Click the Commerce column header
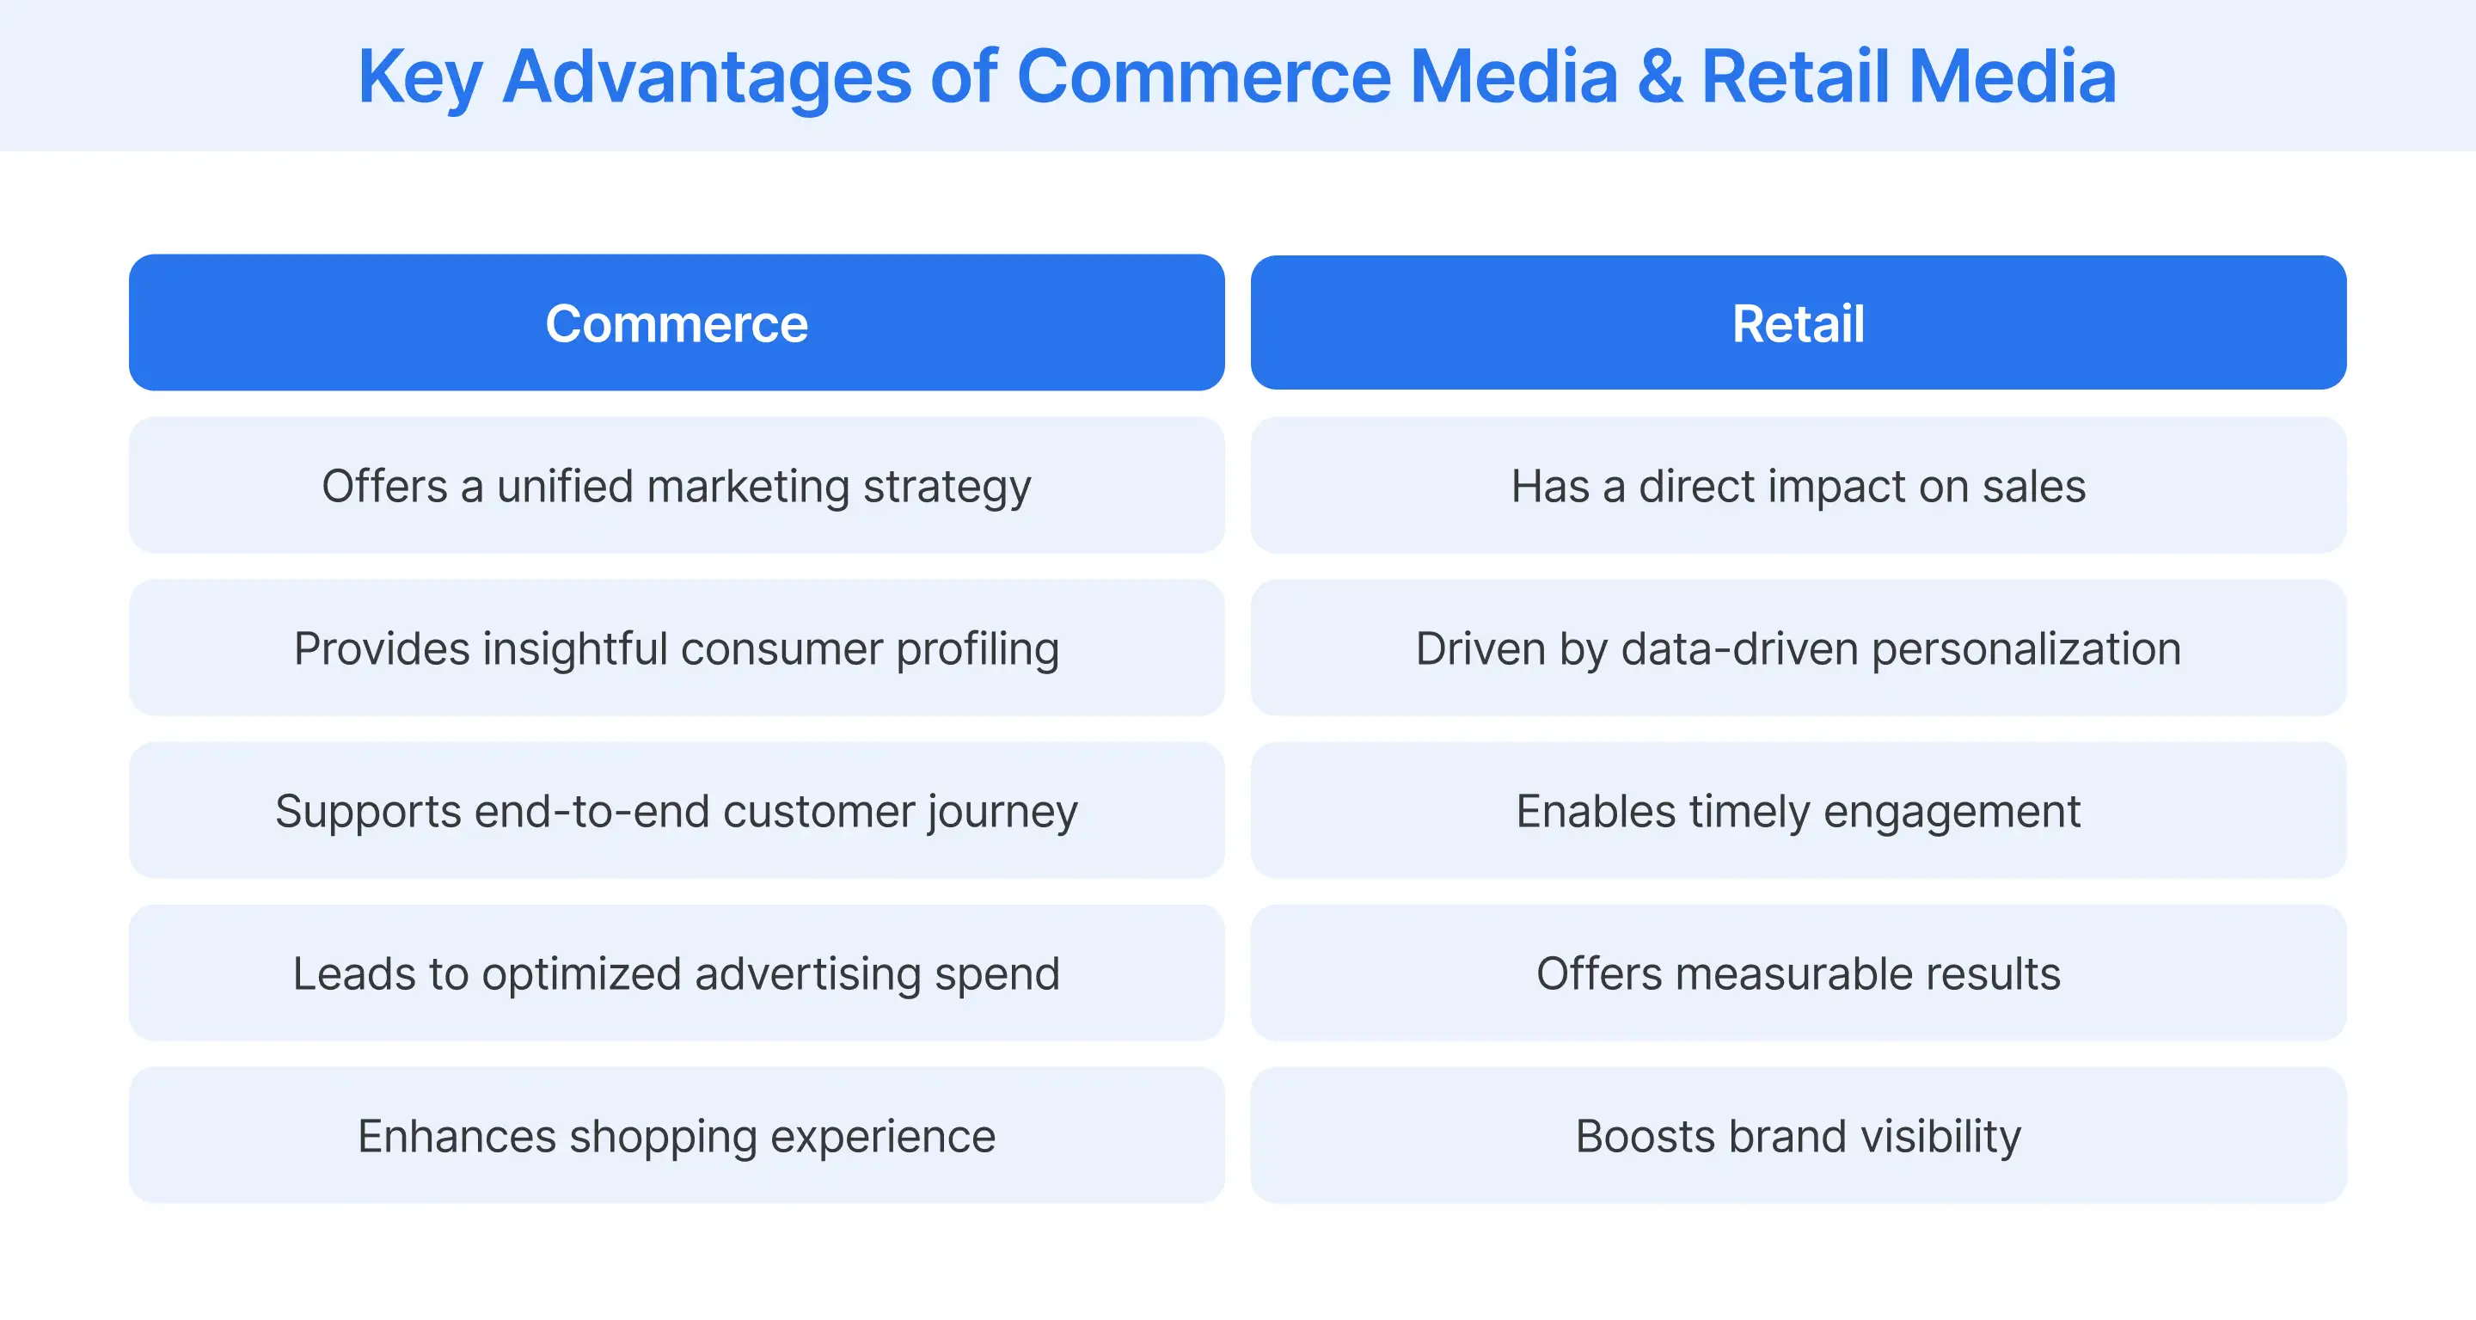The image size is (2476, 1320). (677, 323)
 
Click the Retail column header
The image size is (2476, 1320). (1798, 323)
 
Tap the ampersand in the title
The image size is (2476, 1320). (1659, 77)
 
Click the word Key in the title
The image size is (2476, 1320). (418, 77)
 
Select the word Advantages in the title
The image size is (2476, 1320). (707, 77)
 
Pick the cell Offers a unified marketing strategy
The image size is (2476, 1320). (677, 486)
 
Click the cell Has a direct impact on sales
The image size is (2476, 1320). (1798, 486)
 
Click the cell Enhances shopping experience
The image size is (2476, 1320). (677, 1135)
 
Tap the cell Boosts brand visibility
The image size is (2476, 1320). (1798, 1135)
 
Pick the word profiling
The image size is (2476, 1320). (978, 650)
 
